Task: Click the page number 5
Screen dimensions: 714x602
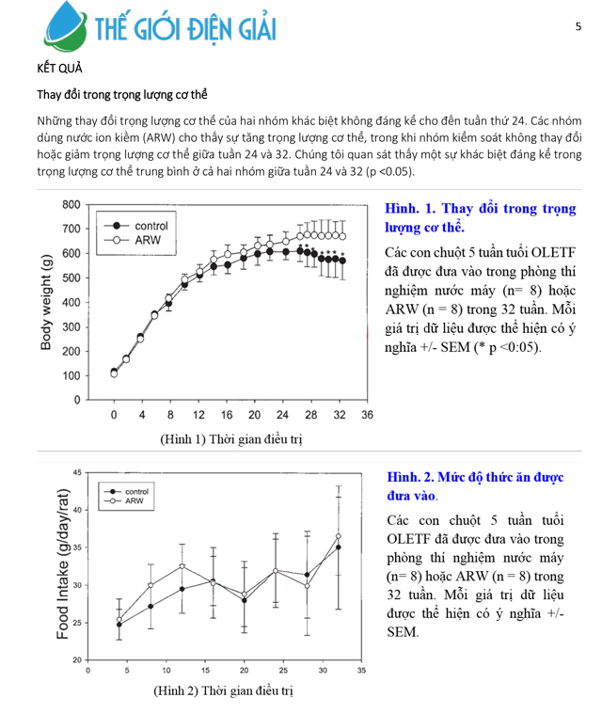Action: coord(578,27)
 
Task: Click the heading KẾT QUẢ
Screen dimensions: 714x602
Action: coord(59,69)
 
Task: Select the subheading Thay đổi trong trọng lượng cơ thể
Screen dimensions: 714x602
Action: coord(122,95)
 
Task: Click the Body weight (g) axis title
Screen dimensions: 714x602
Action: coord(46,301)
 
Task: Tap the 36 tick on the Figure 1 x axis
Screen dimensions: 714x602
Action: coord(367,415)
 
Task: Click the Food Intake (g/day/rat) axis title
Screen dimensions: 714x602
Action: coord(63,564)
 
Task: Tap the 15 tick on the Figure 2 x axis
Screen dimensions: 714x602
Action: coord(205,671)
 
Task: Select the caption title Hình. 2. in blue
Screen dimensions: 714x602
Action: coord(409,478)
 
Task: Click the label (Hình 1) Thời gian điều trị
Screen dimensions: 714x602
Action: coord(230,438)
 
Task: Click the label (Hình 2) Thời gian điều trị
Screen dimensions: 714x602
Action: coord(223,690)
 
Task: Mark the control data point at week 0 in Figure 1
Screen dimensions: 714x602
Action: coord(114,372)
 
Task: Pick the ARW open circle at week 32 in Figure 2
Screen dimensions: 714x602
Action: coord(338,536)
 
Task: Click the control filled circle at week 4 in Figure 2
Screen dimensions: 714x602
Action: coord(119,624)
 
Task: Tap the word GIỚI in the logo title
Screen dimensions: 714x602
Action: coord(167,29)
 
